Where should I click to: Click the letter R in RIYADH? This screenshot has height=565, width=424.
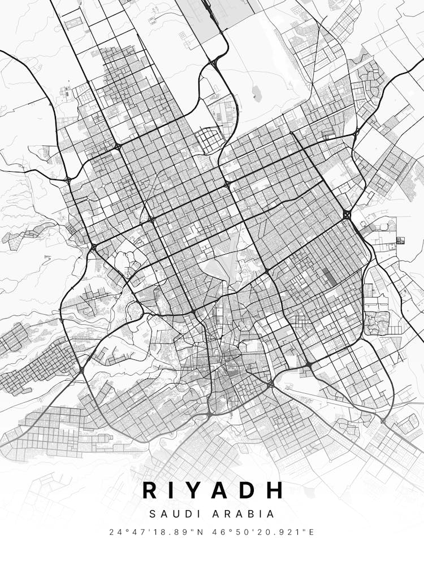(150, 490)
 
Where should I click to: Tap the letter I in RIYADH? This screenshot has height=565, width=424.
(176, 490)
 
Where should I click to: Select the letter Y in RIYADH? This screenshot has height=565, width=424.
(198, 490)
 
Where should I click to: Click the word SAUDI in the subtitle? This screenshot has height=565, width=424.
(174, 514)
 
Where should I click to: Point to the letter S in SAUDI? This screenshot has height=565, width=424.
(153, 514)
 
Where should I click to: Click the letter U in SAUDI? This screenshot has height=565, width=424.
(174, 514)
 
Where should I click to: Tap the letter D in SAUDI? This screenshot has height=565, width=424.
(185, 514)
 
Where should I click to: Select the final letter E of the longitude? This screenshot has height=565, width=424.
(311, 532)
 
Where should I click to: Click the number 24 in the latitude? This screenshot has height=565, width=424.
(115, 532)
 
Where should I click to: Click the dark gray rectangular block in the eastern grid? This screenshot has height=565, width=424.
(328, 276)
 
